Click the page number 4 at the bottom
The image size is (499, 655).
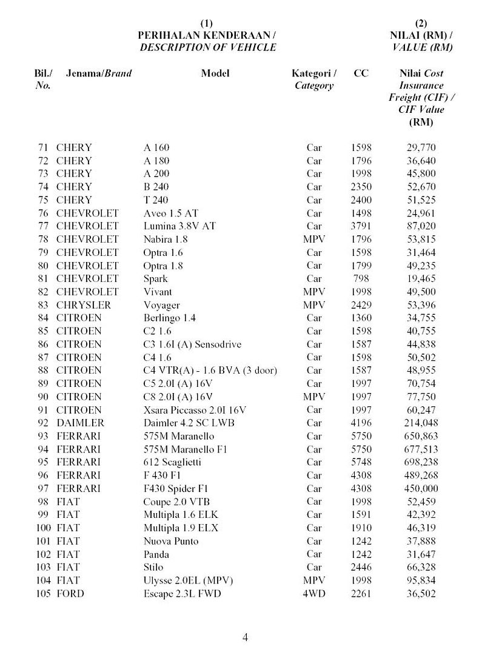(x=245, y=637)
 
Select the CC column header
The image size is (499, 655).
(x=361, y=73)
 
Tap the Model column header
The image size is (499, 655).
(x=215, y=73)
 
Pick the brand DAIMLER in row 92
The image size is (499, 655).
(x=80, y=423)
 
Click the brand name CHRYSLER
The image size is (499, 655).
(x=84, y=305)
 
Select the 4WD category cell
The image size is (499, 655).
(x=313, y=593)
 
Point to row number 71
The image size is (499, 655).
(x=43, y=147)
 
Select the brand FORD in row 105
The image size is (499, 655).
(x=70, y=593)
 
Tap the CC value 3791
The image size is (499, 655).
(x=361, y=226)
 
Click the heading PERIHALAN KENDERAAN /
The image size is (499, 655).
(x=207, y=35)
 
